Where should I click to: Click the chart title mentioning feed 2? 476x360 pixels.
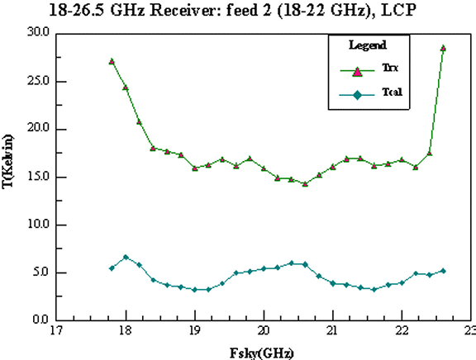(x=232, y=10)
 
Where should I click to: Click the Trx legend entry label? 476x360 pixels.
(x=390, y=68)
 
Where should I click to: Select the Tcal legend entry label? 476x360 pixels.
(x=392, y=92)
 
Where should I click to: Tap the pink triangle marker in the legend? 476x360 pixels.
(x=358, y=72)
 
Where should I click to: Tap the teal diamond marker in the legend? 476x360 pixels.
(x=358, y=96)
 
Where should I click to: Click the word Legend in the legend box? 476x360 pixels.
(x=368, y=45)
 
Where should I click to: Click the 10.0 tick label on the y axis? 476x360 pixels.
(x=38, y=225)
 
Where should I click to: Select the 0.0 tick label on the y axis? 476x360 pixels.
(x=40, y=320)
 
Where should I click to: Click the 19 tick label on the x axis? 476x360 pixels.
(x=194, y=331)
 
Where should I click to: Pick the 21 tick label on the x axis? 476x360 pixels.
(x=332, y=331)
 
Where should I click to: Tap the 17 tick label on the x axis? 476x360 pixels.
(x=56, y=331)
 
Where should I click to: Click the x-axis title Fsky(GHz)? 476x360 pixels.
(x=262, y=353)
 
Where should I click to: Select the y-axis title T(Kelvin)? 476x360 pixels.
(x=7, y=162)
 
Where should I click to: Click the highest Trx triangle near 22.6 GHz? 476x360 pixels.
(x=443, y=48)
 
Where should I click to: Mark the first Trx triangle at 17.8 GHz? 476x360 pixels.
(x=112, y=61)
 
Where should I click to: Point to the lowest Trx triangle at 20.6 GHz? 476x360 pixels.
(x=305, y=184)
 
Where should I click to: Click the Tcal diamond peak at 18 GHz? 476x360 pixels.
(x=126, y=257)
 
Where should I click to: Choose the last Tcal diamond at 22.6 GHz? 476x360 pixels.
(x=443, y=271)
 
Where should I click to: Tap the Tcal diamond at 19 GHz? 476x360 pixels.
(x=194, y=290)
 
